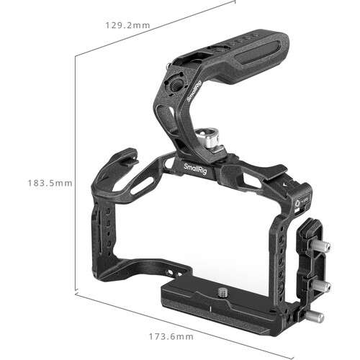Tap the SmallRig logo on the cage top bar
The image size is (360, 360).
[199, 171]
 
